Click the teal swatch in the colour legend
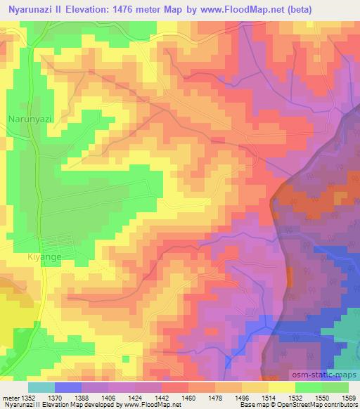pos(41,387)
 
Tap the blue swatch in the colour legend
pos(68,387)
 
